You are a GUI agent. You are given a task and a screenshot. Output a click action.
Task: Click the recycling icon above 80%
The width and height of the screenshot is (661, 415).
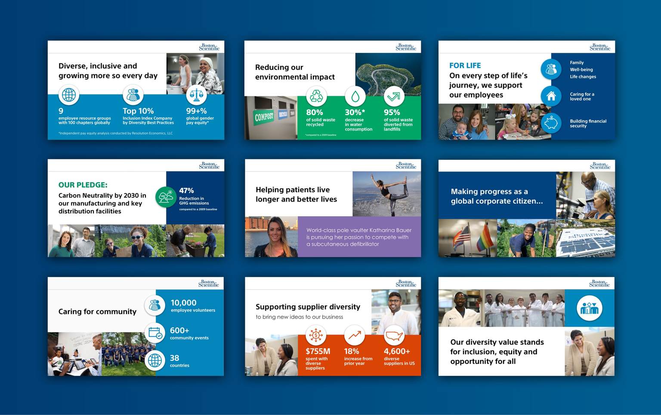(x=316, y=96)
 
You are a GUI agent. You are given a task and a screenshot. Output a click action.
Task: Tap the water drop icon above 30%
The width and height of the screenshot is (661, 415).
(x=355, y=96)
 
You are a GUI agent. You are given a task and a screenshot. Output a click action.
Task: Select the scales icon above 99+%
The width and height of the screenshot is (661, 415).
(x=197, y=95)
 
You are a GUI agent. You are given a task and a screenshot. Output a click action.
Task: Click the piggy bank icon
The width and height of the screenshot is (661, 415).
(x=551, y=123)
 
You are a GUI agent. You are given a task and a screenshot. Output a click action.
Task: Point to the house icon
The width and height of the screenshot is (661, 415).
(x=551, y=96)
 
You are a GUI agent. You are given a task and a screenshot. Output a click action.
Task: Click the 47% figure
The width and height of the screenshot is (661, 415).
(x=186, y=190)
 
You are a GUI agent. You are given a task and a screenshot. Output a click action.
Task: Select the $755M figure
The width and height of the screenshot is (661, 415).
(x=318, y=351)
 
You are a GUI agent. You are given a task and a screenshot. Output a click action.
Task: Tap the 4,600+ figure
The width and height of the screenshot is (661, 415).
(x=397, y=351)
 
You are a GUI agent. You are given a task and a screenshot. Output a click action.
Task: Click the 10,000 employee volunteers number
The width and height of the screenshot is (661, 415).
(x=183, y=303)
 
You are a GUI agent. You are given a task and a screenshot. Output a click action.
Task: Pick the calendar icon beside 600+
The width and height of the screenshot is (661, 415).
(x=155, y=333)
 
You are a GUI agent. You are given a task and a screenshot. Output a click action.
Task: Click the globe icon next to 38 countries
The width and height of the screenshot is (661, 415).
(x=155, y=360)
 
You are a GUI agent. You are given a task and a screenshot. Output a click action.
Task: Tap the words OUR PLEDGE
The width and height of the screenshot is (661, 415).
(x=83, y=185)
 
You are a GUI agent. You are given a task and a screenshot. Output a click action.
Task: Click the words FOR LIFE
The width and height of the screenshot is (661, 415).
(x=465, y=65)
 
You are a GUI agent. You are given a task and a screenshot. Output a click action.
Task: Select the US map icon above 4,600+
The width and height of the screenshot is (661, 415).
(x=394, y=335)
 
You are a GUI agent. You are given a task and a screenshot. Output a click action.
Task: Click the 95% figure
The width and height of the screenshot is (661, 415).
(x=392, y=112)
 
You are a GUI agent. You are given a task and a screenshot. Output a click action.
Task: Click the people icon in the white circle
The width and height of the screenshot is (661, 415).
(x=589, y=308)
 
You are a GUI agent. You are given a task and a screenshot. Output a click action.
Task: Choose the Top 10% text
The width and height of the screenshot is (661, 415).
(x=138, y=111)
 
